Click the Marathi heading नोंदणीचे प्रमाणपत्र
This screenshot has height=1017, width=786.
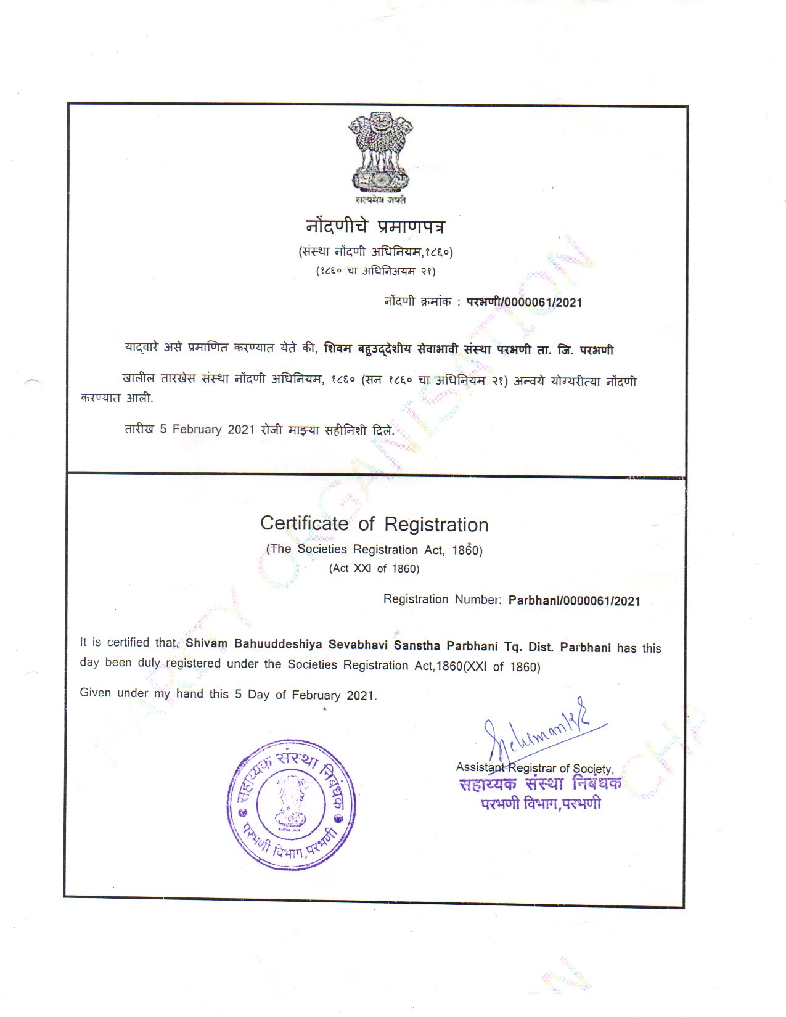375,226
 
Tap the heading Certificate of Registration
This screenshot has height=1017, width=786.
374,524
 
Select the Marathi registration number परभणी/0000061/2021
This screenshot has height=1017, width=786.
524,302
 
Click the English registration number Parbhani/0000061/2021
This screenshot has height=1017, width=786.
574,601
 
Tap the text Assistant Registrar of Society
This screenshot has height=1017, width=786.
534,768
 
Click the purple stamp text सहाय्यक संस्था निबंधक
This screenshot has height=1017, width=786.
540,784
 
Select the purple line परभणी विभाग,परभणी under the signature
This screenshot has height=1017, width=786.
541,804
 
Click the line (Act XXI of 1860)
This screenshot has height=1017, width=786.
374,568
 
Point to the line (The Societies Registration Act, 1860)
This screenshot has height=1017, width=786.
374,549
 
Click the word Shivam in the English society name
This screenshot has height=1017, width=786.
207,643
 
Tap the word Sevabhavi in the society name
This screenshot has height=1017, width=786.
358,645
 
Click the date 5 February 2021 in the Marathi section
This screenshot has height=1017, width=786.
207,429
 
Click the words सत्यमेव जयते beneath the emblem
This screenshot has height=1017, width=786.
380,200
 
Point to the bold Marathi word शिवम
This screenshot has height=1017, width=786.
338,349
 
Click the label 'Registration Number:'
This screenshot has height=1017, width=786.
443,599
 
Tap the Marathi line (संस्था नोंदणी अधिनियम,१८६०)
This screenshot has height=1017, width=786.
375,251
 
